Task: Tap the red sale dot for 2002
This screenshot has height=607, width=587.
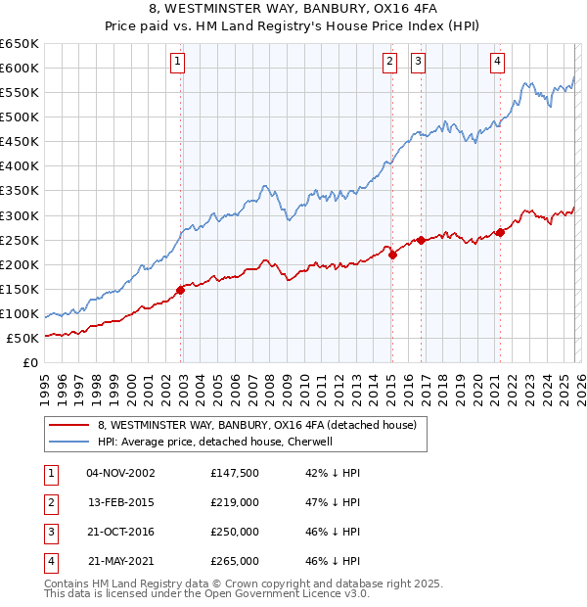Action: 180,290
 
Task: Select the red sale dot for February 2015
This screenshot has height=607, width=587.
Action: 392,255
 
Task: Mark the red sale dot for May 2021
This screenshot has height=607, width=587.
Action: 500,232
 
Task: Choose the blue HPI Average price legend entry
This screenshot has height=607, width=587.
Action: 215,442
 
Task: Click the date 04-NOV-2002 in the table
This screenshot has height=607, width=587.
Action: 120,473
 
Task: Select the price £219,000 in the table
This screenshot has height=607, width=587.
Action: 235,502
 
